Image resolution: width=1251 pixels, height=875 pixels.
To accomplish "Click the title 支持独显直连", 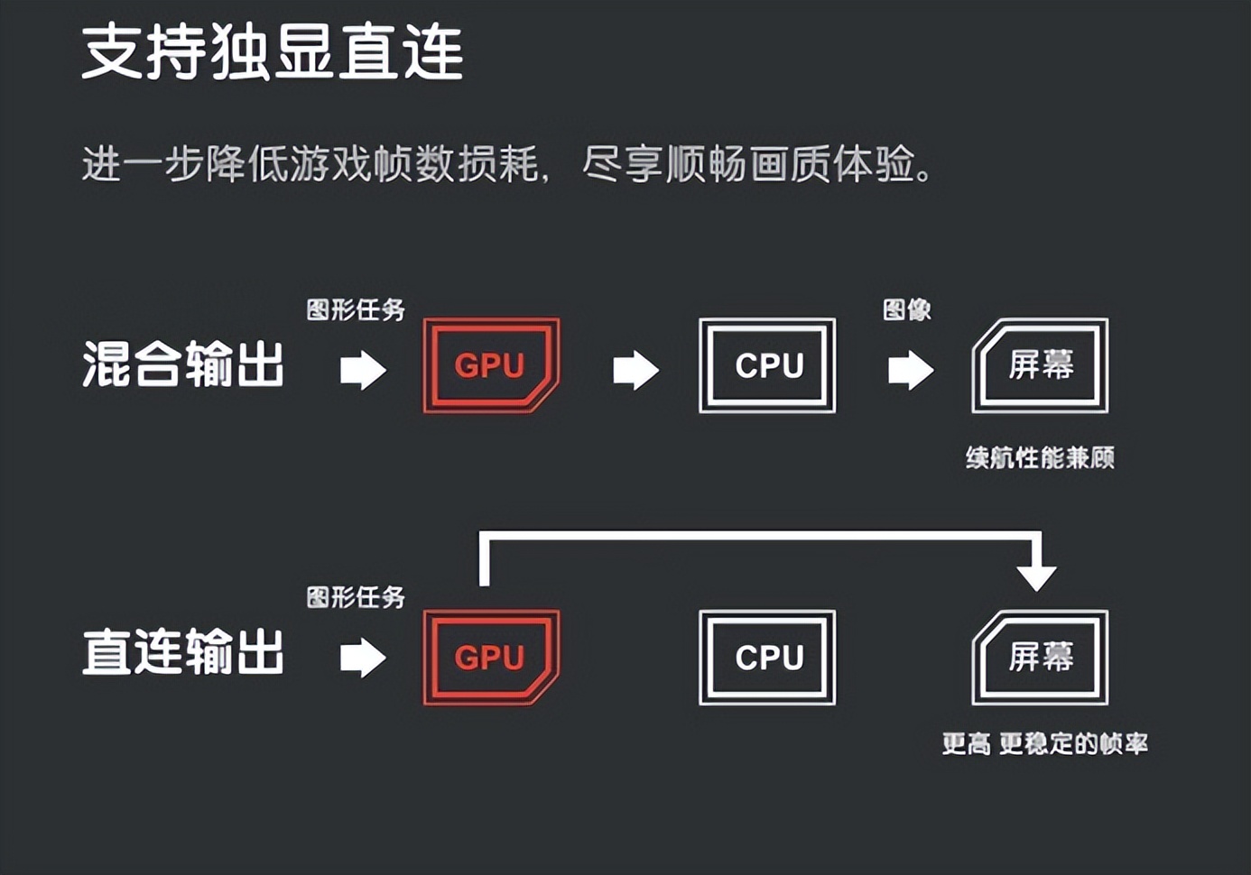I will (272, 51).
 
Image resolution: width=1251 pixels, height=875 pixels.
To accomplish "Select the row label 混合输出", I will (183, 365).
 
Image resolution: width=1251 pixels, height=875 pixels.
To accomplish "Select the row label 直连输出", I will (183, 652).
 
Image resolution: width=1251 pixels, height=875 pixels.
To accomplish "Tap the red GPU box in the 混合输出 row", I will (491, 365).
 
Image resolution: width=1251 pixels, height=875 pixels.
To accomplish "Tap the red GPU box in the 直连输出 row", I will (491, 658).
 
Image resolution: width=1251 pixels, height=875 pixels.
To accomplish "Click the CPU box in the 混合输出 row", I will (767, 365).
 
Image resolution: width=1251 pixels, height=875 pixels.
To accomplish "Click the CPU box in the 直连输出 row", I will (767, 658).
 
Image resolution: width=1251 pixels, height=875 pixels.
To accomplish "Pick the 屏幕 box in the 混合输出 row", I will (1040, 365).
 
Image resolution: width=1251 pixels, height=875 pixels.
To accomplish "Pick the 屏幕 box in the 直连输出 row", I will (1040, 658).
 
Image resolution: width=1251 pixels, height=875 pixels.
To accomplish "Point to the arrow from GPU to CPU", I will (636, 370).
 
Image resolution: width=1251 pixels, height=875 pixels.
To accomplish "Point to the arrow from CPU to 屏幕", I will (911, 370).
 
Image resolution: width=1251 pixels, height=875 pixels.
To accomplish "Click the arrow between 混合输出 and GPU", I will (363, 370).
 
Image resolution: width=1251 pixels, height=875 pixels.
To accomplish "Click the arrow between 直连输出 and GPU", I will (363, 658).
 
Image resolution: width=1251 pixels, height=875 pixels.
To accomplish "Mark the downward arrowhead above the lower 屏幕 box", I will (1036, 576).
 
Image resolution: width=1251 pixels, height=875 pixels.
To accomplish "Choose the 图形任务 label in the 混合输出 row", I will (356, 310).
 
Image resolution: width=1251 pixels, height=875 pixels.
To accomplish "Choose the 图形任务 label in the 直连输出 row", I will (356, 597).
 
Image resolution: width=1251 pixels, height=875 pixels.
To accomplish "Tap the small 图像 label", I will (906, 310).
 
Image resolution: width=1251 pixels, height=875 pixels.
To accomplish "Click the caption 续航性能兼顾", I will (1040, 457).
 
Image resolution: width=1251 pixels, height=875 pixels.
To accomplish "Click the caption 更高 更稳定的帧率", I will (1044, 744).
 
